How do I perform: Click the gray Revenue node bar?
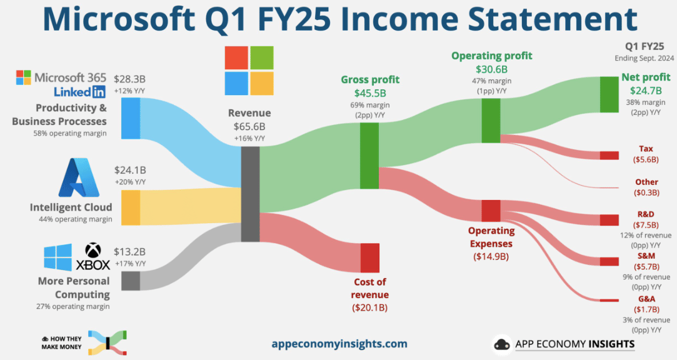tap(251, 194)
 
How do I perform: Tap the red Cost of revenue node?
tap(370, 258)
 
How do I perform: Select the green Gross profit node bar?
tap(369, 156)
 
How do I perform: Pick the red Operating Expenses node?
tap(491, 211)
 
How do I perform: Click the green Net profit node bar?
tap(609, 94)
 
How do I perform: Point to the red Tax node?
tap(609, 156)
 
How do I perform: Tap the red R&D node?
tap(609, 220)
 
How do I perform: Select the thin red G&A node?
tap(609, 301)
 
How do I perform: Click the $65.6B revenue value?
tap(249, 126)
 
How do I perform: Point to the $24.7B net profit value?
tap(646, 91)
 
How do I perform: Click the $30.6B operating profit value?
tap(491, 69)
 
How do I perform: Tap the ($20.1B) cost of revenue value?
tap(369, 307)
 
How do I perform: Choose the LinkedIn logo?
tap(80, 91)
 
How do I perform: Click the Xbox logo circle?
tap(93, 251)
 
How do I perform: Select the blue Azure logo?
tap(79, 177)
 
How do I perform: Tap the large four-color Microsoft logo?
tap(249, 71)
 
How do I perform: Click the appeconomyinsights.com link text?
tap(339, 344)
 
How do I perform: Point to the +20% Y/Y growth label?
tap(130, 182)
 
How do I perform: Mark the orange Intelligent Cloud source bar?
tap(131, 207)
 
